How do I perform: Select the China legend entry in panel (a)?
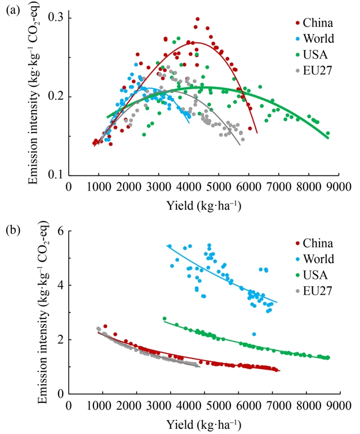313,23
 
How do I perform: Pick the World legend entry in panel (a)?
313,39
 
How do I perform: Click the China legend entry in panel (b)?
313,243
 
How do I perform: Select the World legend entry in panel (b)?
313,259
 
